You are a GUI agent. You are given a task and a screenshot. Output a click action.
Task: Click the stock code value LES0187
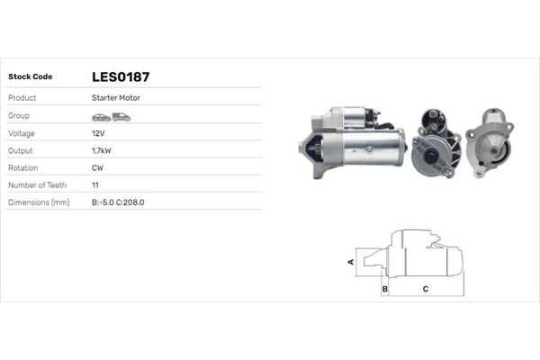point(121,76)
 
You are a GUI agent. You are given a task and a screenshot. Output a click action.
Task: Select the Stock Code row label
point(30,76)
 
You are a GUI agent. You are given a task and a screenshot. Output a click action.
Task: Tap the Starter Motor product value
point(115,97)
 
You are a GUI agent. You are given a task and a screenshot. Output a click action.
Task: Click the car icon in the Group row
point(101,117)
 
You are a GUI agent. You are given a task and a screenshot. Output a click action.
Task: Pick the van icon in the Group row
point(121,117)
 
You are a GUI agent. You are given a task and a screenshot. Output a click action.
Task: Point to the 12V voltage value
point(97,132)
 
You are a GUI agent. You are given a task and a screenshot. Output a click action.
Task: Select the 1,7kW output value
point(101,150)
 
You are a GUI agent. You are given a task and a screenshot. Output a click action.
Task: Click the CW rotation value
point(97,167)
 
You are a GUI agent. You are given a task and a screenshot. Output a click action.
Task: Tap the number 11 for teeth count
point(95,184)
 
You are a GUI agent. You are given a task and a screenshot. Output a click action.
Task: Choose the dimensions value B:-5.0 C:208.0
point(118,202)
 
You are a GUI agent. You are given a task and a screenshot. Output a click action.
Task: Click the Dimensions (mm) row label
point(38,202)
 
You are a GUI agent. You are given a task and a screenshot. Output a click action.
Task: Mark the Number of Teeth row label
point(38,184)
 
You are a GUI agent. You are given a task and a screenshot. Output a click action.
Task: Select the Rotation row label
point(23,167)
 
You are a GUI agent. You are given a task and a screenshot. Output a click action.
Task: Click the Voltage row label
point(22,132)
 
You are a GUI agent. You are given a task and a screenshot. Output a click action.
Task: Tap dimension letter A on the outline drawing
point(350,262)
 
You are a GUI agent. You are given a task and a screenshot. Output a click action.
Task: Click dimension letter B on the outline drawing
point(384,289)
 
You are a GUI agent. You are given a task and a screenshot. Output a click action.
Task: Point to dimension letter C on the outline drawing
point(425,289)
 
